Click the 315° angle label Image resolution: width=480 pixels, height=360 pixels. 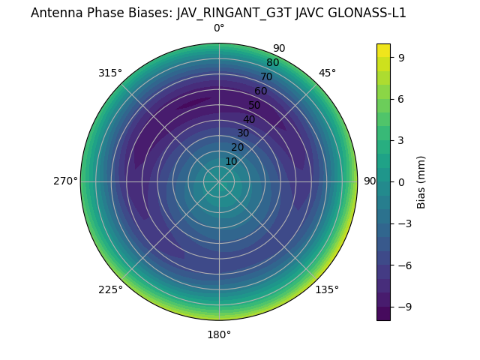pos(110,73)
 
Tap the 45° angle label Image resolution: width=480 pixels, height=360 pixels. pos(327,73)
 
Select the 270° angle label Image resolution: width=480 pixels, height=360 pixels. pos(65,181)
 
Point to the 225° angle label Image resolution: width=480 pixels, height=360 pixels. pos(110,289)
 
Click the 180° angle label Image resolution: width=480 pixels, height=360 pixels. pos(219,334)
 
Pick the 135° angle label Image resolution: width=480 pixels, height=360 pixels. pos(327,289)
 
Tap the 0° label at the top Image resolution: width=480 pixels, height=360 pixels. pos(219,28)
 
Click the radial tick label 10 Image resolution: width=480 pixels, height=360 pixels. pos(231,161)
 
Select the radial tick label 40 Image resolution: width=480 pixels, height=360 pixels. pos(249,119)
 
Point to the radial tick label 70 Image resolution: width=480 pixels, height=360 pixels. pos(267,76)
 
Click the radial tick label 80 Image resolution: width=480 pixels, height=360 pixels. pos(273,62)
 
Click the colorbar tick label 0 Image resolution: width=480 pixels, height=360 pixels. pos(402,181)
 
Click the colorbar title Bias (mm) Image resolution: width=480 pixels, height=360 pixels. pos(421,181)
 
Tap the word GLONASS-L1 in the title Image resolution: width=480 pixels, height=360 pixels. pos(366,13)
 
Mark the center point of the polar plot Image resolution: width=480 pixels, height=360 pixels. pos(219,181)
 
